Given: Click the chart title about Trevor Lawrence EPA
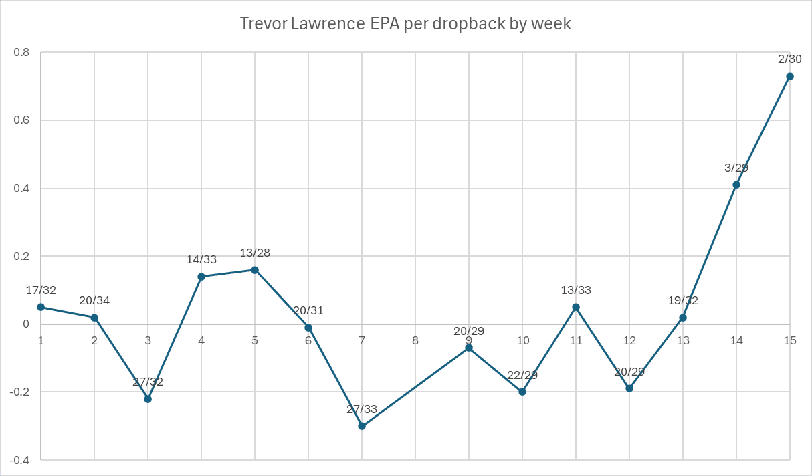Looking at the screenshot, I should pos(405,24).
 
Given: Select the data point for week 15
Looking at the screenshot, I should pos(790,76).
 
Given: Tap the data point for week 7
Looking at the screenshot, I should pos(362,426).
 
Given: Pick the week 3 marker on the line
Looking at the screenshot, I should pos(148,399).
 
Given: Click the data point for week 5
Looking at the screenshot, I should pos(255,270).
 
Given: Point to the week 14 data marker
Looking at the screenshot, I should pos(736,185).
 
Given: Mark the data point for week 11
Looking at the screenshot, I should pos(576,307).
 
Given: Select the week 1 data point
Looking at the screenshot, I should pos(41,307).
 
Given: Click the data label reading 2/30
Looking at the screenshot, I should pos(790,59).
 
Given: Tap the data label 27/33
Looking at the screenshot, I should pos(362,409).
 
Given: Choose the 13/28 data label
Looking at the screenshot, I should pos(255,253).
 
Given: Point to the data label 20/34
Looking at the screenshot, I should pos(94,300).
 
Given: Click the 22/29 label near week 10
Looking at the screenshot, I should pos(522,375).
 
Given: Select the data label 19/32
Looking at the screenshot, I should pos(683,300).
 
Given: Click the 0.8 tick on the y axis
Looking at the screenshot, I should pos(24,53).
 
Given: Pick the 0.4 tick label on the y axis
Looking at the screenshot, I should pos(24,189).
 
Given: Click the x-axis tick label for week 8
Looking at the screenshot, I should pos(415,340).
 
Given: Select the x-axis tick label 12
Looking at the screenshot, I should pos(629,340).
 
